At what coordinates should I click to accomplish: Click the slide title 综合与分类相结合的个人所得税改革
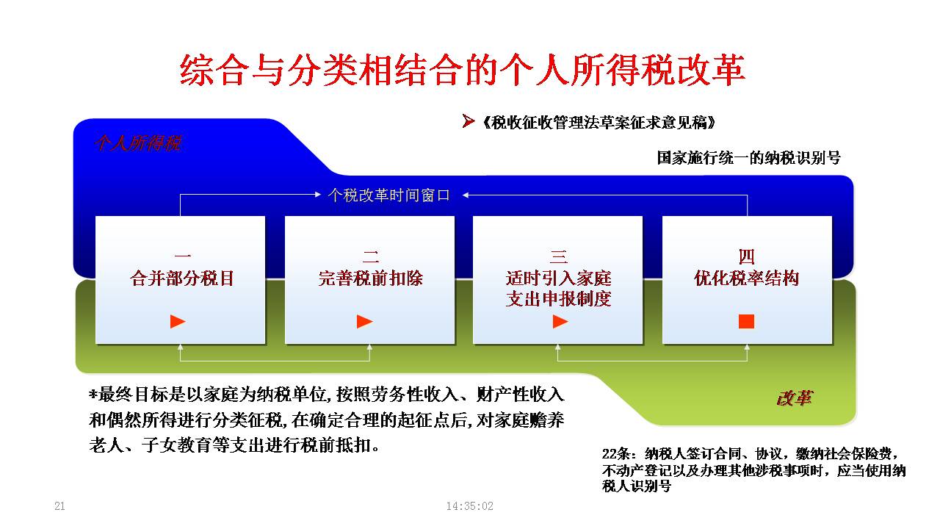coord(462,70)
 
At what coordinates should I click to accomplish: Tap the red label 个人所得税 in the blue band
coord(138,143)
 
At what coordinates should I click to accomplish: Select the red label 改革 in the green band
coord(795,398)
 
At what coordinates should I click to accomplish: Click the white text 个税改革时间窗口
coord(389,195)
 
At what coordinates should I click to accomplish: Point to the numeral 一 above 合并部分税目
coord(182,256)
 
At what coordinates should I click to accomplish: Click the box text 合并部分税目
coord(182,278)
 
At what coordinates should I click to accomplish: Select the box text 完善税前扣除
coord(371,278)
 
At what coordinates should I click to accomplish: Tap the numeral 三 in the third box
coord(558,256)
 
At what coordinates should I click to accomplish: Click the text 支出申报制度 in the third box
coord(558,299)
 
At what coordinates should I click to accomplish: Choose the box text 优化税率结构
coord(747,278)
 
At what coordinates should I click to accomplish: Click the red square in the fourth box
coord(747,322)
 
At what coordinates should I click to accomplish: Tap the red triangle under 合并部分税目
coord(178,322)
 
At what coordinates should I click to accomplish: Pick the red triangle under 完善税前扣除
coord(365,322)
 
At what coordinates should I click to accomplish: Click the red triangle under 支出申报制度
coord(560,322)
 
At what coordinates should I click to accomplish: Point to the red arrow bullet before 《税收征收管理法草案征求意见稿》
coord(468,121)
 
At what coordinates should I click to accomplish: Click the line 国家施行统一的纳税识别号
coord(748,158)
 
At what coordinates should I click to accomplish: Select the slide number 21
coord(59,506)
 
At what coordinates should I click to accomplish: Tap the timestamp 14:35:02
coord(469,506)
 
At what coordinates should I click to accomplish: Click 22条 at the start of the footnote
coord(616,454)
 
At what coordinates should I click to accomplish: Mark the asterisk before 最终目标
coord(93,394)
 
